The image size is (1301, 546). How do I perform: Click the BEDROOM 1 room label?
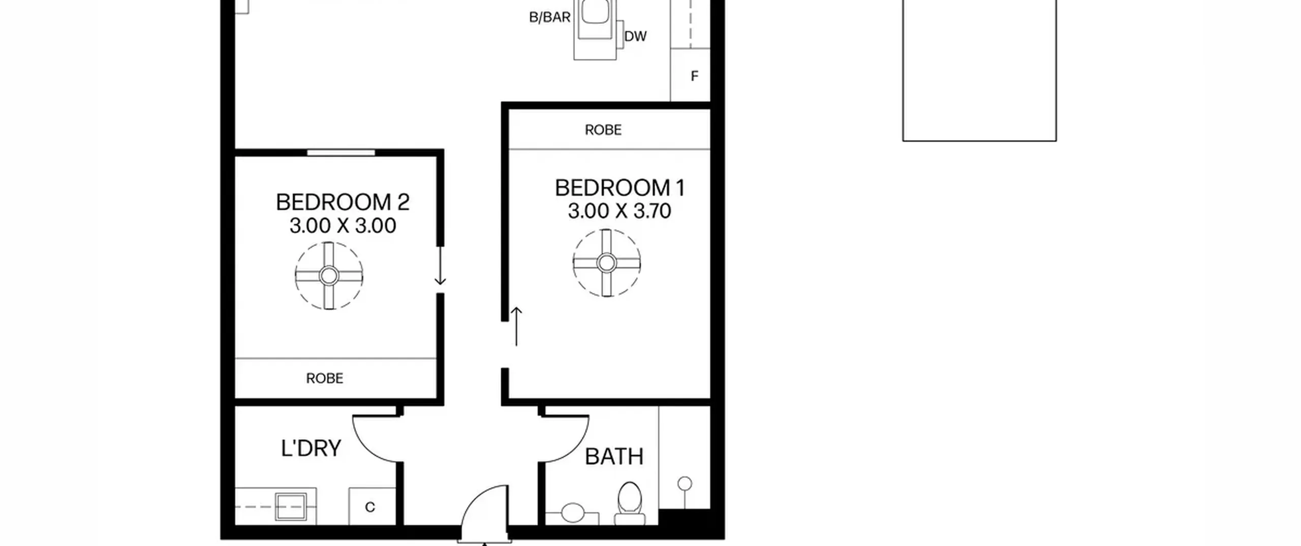coord(620,188)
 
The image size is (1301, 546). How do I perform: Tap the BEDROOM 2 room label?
coord(343,202)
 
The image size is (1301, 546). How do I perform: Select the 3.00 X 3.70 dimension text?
coord(619,211)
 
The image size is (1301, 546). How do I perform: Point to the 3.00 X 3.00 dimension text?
coord(343,226)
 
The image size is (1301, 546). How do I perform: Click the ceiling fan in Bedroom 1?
coord(606,263)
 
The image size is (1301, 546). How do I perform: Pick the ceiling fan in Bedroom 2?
coord(329,276)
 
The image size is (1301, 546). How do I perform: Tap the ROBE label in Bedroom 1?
coord(603,130)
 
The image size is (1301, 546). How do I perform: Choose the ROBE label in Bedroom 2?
coord(325,378)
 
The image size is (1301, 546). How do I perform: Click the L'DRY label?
coord(311,448)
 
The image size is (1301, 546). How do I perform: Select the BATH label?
coord(614,457)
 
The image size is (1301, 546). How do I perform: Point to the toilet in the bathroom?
coord(630,503)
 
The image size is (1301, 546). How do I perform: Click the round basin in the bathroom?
coord(573,512)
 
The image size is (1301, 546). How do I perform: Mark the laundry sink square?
coord(291,506)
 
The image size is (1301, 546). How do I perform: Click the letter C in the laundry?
coord(370,507)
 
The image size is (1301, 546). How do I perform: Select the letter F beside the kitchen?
coord(694,76)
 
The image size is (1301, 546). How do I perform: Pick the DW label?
coord(635,37)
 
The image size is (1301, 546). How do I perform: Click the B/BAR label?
coord(550,17)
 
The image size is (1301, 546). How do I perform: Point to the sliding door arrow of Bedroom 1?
coord(516,327)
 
